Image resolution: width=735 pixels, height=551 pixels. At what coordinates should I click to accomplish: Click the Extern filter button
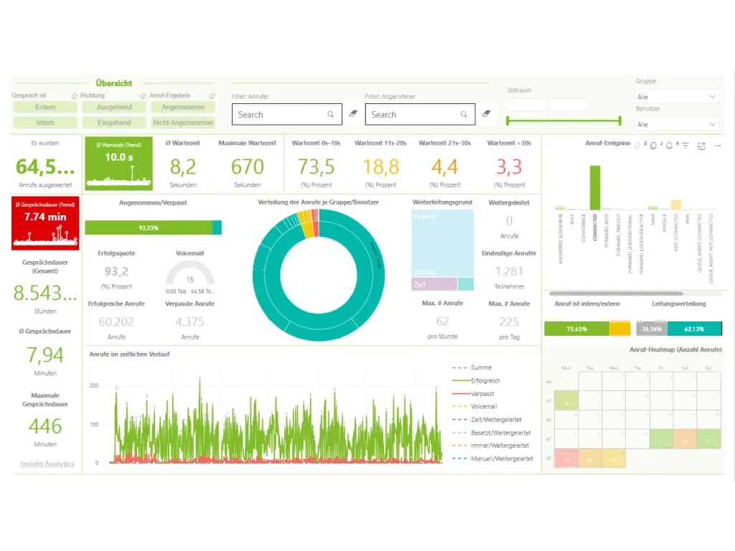click(x=45, y=108)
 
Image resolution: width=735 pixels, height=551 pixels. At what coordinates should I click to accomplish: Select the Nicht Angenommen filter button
click(x=183, y=123)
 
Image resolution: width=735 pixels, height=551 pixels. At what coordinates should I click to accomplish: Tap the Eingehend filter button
click(x=114, y=123)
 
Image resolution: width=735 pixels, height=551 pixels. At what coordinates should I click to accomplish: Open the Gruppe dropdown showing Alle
click(x=677, y=96)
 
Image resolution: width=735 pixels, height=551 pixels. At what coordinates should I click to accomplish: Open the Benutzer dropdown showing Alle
click(x=677, y=124)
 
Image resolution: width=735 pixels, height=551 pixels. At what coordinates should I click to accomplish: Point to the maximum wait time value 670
click(x=248, y=167)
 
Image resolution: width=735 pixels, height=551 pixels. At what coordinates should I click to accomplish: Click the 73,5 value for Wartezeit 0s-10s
click(x=317, y=167)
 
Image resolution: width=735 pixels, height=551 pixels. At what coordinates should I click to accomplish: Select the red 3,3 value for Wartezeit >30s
click(x=509, y=167)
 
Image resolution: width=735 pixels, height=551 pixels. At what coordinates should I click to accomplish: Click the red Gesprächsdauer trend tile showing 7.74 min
click(x=45, y=223)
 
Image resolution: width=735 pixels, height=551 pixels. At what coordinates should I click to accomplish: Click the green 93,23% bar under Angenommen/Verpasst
click(x=149, y=227)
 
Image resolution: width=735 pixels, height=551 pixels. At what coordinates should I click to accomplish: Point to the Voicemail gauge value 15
click(x=190, y=279)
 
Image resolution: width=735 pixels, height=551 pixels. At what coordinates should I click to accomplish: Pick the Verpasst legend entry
click(x=482, y=394)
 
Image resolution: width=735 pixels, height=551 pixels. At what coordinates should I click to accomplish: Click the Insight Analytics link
click(x=47, y=464)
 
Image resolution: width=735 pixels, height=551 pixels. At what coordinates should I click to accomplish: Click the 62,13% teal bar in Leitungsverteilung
click(x=694, y=329)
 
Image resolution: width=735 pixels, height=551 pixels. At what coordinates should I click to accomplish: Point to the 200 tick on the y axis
click(x=93, y=385)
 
